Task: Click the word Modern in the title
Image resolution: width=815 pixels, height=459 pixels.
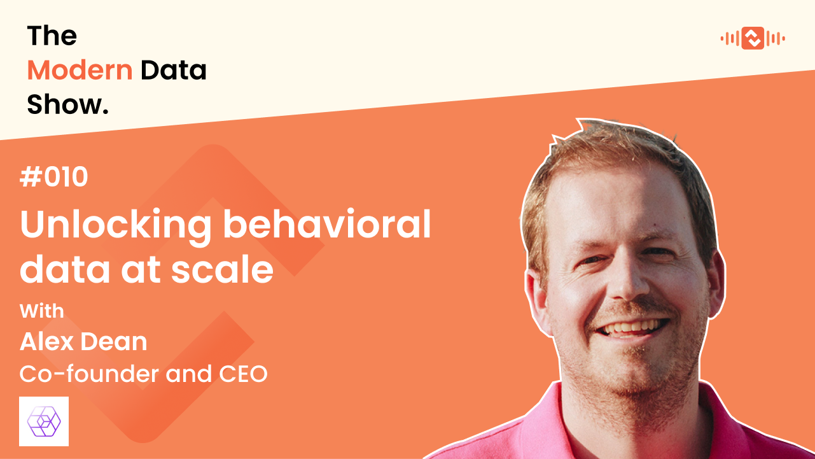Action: coord(80,70)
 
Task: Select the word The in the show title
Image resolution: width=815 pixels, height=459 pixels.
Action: coord(52,36)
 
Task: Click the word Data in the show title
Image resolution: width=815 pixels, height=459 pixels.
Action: coord(174,70)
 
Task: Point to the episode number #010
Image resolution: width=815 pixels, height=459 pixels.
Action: coord(54,178)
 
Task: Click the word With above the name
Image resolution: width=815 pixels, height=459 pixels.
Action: coord(42,311)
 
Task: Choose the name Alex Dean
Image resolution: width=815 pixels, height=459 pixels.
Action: coord(83,342)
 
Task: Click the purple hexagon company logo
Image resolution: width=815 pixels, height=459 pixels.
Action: coord(44,421)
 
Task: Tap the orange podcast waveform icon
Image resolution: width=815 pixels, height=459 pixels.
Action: coord(753,39)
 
